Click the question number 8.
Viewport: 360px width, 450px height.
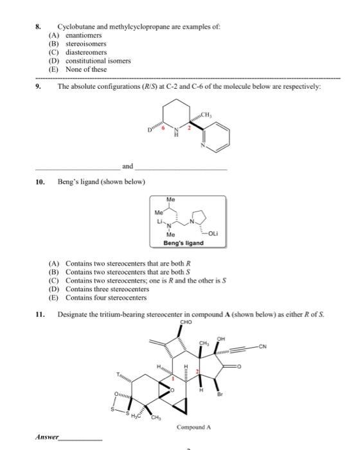pos(37,27)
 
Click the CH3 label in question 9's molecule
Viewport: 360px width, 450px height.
pos(209,114)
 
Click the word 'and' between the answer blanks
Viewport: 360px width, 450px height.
pos(128,166)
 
